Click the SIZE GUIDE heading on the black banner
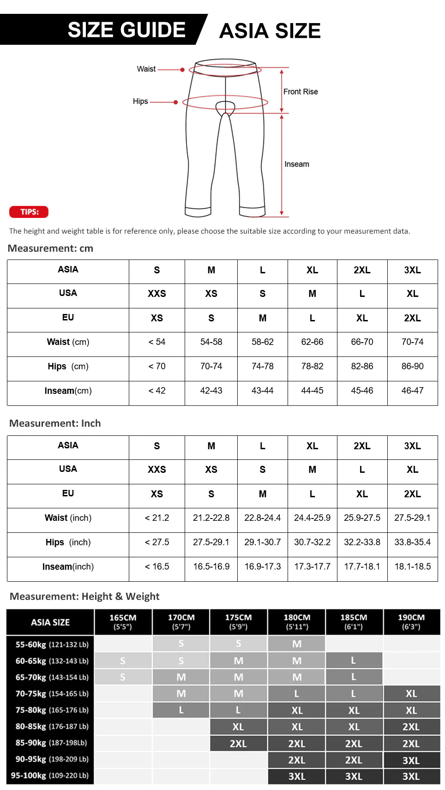point(126,30)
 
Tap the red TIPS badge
point(29,212)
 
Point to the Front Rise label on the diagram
point(301,91)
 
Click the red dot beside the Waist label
point(183,70)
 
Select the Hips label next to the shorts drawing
point(140,101)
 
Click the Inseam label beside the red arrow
point(297,164)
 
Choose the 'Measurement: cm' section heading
point(51,248)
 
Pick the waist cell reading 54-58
point(211,342)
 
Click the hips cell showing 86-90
point(412,366)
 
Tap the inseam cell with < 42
point(157,391)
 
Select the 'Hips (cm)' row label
point(68,367)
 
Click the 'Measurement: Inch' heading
point(55,423)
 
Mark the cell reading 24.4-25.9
point(312,518)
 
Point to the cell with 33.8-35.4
point(412,542)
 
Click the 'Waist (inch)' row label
point(68,518)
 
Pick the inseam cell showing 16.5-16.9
point(211,567)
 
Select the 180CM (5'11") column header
point(297,621)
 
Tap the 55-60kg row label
point(52,645)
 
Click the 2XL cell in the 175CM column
point(238,743)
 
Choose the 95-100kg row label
point(50,776)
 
